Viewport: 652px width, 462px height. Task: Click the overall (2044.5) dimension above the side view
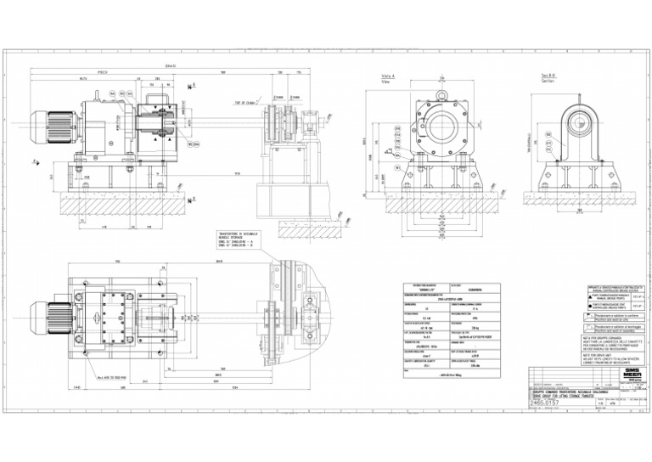pyautogui.click(x=170, y=65)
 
